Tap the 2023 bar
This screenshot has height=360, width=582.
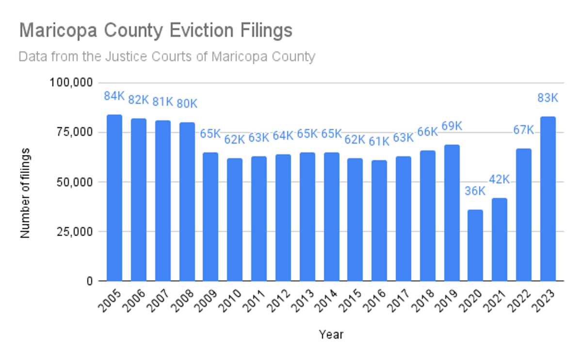[x=548, y=198]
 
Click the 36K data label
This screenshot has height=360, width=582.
[x=475, y=191]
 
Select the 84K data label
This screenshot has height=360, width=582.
[x=114, y=96]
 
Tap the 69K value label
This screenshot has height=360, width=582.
[x=452, y=126]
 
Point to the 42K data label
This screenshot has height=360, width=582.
[x=500, y=180]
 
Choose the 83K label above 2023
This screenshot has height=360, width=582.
[x=548, y=98]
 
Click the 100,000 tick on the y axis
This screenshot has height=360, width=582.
[x=71, y=82]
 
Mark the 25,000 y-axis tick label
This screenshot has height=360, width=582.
[x=75, y=231]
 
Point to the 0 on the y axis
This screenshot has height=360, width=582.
[x=89, y=281]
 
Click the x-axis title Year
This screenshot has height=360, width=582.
[x=331, y=334]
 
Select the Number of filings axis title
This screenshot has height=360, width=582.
[x=25, y=193]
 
